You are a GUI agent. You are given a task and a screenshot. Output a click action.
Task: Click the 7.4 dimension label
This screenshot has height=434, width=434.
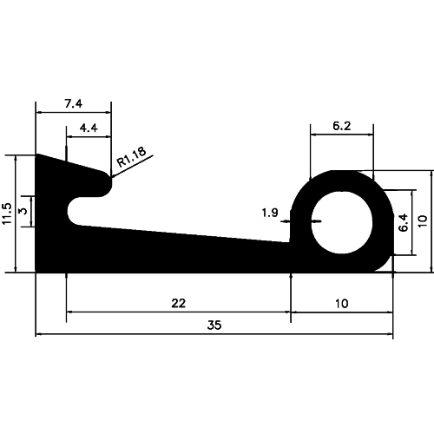(x=73, y=103)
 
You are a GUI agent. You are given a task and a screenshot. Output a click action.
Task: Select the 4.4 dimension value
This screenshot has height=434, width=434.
(x=88, y=128)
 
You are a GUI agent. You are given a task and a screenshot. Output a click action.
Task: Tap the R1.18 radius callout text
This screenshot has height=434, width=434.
(x=133, y=157)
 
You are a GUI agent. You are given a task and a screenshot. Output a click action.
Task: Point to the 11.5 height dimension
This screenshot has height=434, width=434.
(x=7, y=214)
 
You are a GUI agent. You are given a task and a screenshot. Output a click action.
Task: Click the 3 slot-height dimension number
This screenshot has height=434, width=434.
(x=23, y=210)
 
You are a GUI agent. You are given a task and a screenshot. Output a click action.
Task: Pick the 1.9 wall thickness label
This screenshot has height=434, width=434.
(x=270, y=212)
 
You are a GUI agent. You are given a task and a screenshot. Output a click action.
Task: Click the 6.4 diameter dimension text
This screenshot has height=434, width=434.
(x=402, y=222)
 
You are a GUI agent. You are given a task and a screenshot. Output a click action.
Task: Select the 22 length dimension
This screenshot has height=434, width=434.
(x=177, y=303)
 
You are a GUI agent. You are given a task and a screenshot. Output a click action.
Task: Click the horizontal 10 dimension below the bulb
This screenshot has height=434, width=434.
(x=341, y=303)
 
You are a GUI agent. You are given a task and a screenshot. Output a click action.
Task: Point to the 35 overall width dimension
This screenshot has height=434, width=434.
(x=214, y=325)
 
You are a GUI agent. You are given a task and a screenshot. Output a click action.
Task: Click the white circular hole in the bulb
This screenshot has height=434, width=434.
(x=341, y=222)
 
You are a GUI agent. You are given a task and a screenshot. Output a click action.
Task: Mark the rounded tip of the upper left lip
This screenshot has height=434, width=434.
(x=107, y=183)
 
